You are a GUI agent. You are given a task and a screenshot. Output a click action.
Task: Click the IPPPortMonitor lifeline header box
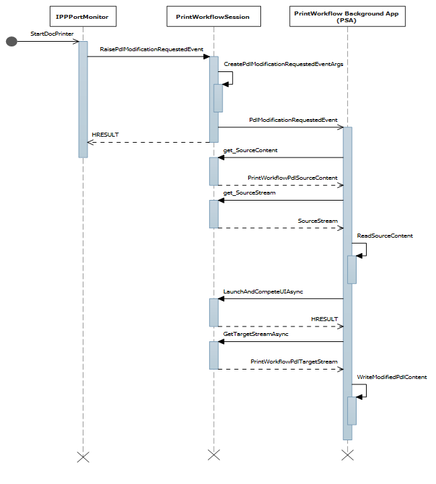click(83, 16)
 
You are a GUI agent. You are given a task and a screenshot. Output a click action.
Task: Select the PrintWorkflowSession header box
click(213, 16)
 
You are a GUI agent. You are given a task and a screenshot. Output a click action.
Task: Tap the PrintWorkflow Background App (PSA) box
click(348, 16)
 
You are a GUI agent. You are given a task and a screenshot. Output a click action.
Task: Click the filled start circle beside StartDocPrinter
click(11, 42)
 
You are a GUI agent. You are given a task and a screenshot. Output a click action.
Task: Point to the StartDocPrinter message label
click(52, 33)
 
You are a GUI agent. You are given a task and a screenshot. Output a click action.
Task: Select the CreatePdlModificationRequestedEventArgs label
click(274, 64)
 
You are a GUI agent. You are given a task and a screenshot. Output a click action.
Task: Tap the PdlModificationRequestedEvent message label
click(293, 120)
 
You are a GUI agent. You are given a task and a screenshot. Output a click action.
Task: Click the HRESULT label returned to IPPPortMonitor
click(105, 135)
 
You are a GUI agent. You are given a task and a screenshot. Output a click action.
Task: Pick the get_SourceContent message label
click(250, 150)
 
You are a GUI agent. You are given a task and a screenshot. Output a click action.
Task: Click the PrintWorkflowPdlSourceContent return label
click(293, 178)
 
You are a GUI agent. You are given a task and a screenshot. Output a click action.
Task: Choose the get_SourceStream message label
click(249, 193)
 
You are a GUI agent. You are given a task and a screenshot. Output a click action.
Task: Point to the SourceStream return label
click(318, 221)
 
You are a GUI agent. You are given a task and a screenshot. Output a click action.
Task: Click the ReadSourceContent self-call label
click(385, 236)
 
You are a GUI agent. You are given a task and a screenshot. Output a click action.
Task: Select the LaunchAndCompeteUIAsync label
click(263, 291)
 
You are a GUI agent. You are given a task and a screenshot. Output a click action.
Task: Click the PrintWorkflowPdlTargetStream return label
click(294, 362)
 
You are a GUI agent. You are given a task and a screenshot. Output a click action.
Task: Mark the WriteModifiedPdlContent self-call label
click(392, 378)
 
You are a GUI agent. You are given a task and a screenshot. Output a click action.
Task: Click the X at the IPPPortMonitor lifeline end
click(83, 456)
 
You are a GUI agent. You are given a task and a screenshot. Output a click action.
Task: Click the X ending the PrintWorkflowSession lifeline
click(213, 455)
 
